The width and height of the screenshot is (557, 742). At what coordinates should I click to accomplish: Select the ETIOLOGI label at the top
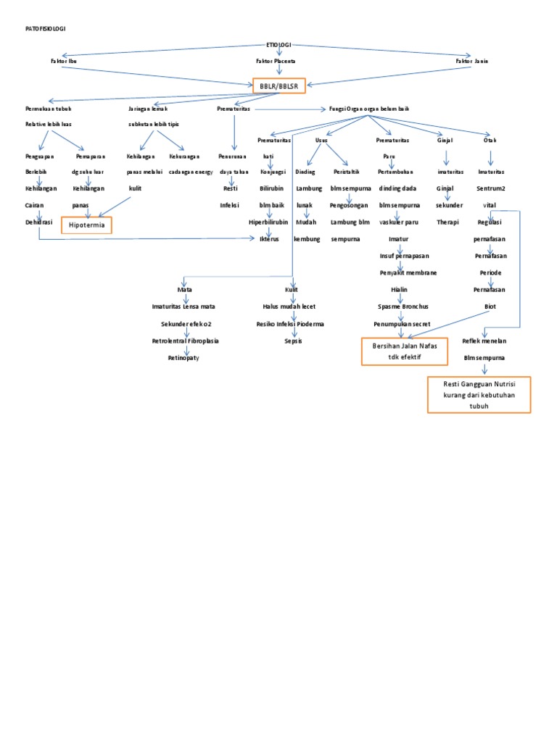[x=278, y=45]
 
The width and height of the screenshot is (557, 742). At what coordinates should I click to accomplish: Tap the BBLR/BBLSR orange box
[x=278, y=86]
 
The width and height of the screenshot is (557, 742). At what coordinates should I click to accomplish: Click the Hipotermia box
[x=86, y=225]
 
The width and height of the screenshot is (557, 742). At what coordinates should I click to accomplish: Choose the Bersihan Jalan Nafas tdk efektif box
[x=405, y=351]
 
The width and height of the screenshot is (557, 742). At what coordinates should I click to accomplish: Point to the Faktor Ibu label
[x=63, y=62]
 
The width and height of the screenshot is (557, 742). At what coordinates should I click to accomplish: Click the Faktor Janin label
[x=471, y=62]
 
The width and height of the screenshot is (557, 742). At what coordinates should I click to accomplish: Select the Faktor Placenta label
[x=276, y=62]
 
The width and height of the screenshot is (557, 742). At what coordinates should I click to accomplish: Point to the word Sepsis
[x=293, y=341]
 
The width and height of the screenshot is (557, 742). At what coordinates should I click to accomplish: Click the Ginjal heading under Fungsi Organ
[x=445, y=139]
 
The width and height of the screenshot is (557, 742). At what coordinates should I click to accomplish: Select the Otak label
[x=490, y=139]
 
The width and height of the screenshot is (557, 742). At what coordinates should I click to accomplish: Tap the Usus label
[x=321, y=139]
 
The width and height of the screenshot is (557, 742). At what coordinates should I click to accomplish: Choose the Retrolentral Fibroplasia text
[x=185, y=341]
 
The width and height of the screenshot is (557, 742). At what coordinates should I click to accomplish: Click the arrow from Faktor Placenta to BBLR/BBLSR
[x=278, y=70]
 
